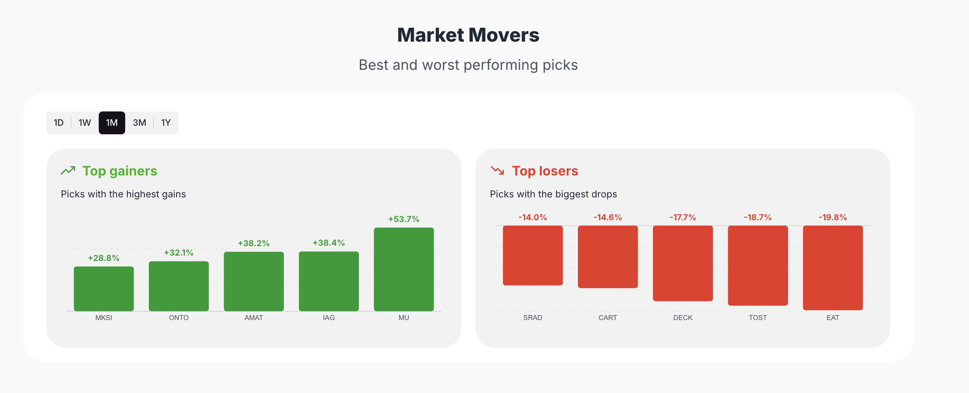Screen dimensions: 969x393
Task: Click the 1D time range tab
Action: [59, 123]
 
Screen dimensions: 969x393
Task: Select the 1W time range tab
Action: [85, 123]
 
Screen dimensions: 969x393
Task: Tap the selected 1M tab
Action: [112, 123]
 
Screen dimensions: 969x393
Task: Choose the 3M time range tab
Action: [139, 123]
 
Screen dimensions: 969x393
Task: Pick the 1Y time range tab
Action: [166, 123]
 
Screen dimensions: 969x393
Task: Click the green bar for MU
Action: [404, 269]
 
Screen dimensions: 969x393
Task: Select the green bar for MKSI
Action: [104, 289]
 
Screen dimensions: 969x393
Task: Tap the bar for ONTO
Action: [179, 286]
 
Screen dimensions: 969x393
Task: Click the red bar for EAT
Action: [833, 268]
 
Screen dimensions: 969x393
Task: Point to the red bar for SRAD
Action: [533, 255]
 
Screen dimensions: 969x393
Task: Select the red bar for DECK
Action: [683, 263]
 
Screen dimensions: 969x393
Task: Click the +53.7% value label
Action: [404, 219]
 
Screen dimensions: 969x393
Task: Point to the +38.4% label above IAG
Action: [329, 243]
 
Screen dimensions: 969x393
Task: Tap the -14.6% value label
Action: [608, 217]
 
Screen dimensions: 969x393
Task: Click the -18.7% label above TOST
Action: [758, 217]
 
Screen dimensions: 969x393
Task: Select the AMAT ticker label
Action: [254, 317]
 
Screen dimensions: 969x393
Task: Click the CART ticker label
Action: [608, 317]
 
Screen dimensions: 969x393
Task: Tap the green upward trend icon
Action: [68, 171]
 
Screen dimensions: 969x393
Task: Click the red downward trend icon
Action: [497, 171]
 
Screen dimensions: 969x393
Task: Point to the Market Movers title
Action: [468, 35]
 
